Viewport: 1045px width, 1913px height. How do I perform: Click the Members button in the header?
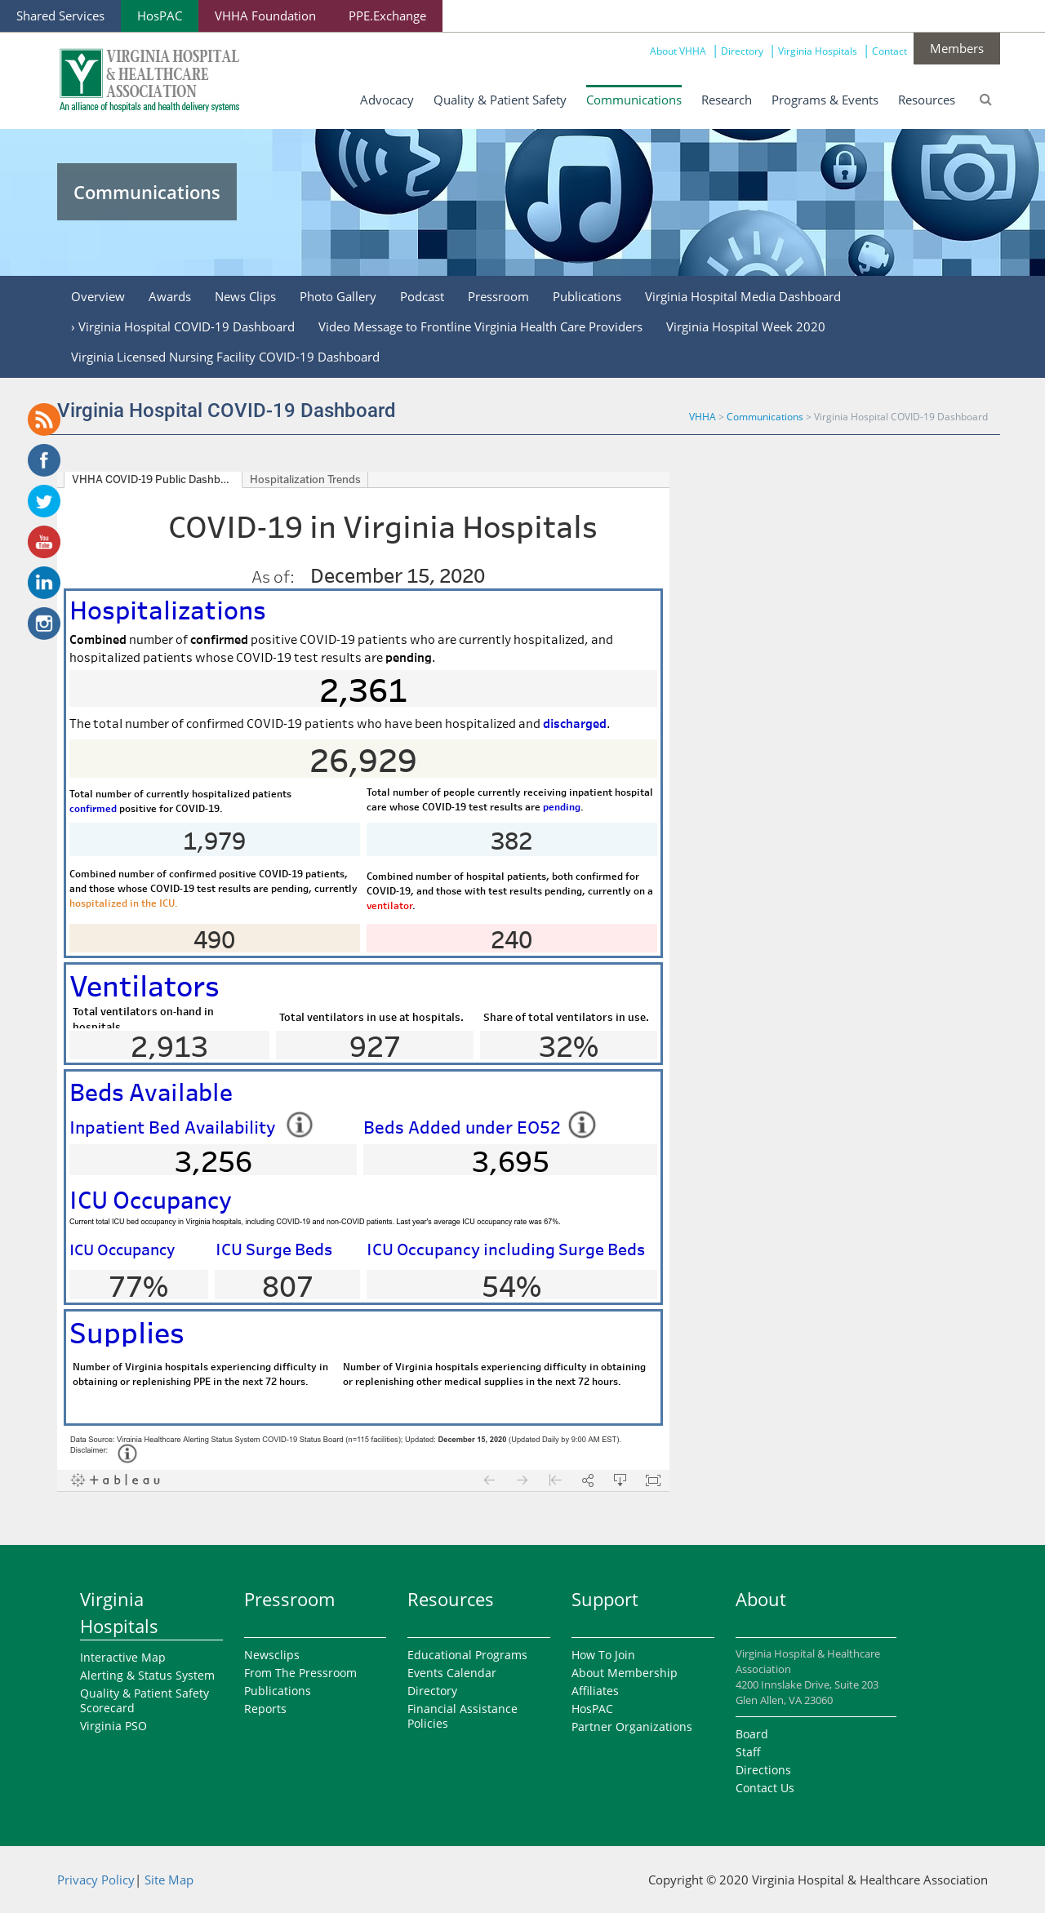click(956, 49)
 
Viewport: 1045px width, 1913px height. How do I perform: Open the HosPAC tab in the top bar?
click(159, 16)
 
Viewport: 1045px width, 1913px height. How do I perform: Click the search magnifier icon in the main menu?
click(985, 100)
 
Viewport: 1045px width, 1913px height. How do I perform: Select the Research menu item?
click(726, 100)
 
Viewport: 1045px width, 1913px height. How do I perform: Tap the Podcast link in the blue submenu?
click(422, 297)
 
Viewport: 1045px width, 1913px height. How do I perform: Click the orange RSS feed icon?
click(44, 419)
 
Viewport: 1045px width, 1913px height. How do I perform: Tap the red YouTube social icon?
click(44, 542)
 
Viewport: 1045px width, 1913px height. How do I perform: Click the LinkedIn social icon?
click(44, 583)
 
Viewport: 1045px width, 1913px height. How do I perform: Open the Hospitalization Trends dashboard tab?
click(305, 480)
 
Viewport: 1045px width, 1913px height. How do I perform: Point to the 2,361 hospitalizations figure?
click(363, 691)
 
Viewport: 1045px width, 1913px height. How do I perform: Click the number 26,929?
click(363, 761)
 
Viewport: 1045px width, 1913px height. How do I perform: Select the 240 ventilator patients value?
click(511, 940)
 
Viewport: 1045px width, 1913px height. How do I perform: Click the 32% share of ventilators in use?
click(568, 1047)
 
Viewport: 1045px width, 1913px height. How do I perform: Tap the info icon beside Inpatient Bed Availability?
click(300, 1125)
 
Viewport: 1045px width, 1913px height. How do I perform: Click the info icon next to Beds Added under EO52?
click(582, 1125)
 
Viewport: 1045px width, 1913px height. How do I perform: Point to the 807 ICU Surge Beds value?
click(287, 1287)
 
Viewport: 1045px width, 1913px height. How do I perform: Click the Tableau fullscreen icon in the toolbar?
click(653, 1480)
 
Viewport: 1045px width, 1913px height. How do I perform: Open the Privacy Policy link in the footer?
click(96, 1880)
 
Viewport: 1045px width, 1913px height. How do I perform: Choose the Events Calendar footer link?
click(451, 1673)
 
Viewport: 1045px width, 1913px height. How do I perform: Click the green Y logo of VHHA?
click(81, 73)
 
